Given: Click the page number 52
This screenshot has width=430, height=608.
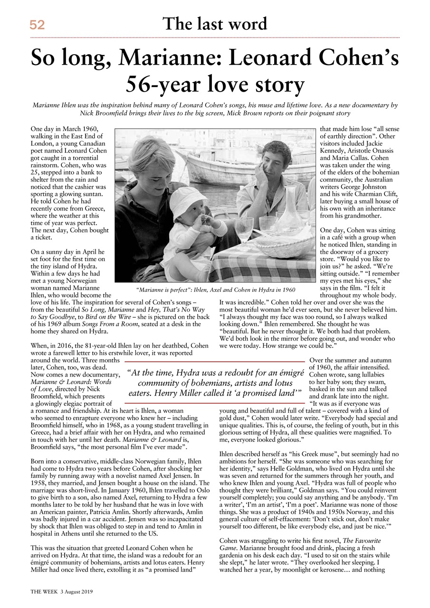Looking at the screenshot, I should pyautogui.click(x=37, y=25).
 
